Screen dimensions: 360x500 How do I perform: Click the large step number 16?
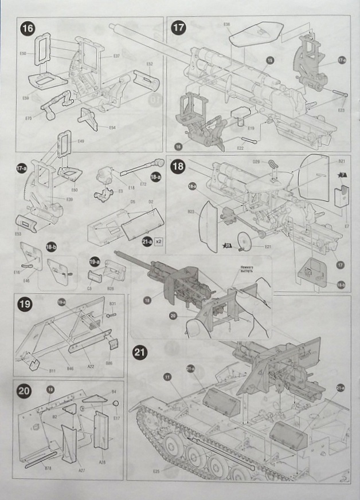coord(26,27)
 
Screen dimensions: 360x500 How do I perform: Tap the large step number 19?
coord(25,305)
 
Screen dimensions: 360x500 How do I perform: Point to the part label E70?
coord(28,119)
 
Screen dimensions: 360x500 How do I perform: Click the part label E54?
coord(112,127)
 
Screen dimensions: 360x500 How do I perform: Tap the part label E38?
coord(228,24)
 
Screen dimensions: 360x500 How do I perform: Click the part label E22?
coord(241,147)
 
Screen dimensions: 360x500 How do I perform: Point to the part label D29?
coord(257,162)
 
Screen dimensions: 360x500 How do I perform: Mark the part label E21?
coord(268,246)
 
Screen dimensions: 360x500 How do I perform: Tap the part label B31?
coord(113,304)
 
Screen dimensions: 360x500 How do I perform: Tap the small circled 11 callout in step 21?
coord(167,377)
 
